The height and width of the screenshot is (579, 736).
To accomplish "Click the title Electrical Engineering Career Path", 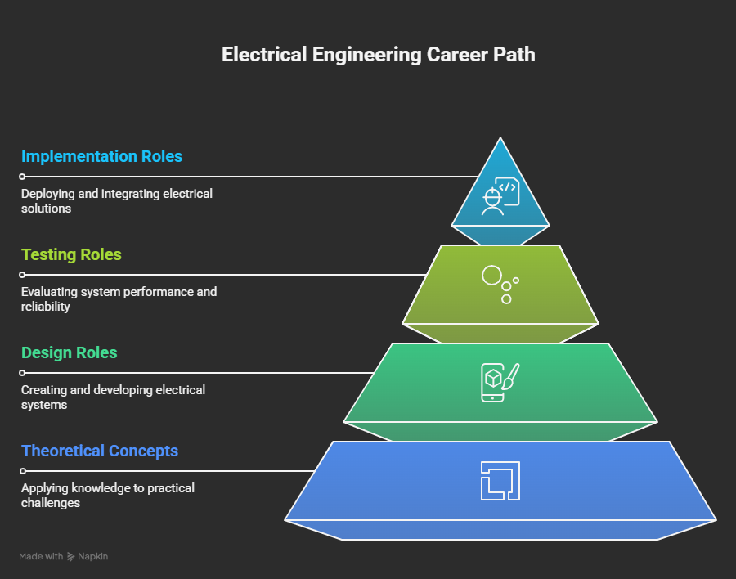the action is [379, 55].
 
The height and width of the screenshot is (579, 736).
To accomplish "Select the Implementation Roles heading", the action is [102, 156].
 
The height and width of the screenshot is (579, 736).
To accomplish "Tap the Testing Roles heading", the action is [71, 254].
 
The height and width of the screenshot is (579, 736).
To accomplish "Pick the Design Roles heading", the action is [69, 352].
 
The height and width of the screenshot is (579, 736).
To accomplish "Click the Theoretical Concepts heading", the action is [100, 451].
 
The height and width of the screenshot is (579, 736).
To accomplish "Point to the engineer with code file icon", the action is [500, 196].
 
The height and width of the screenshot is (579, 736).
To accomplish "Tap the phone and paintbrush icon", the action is [500, 382].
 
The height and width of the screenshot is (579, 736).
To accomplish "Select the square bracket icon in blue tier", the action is [500, 481].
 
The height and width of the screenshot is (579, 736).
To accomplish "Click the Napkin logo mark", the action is [71, 557].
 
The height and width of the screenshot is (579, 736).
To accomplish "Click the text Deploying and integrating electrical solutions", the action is [117, 201].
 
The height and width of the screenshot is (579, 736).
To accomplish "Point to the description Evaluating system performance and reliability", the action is [119, 299].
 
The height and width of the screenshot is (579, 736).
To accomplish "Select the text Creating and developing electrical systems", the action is [113, 397].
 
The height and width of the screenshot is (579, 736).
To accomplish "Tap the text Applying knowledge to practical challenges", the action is [108, 496].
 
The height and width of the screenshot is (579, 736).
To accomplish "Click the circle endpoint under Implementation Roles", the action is [22, 177].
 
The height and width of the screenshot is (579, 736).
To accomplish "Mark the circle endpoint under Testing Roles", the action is [22, 275].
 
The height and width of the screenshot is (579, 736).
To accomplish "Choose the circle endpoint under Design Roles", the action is [22, 373].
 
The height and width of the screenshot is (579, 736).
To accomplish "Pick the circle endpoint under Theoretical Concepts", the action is [23, 471].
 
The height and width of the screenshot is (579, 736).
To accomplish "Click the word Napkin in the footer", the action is [93, 556].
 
